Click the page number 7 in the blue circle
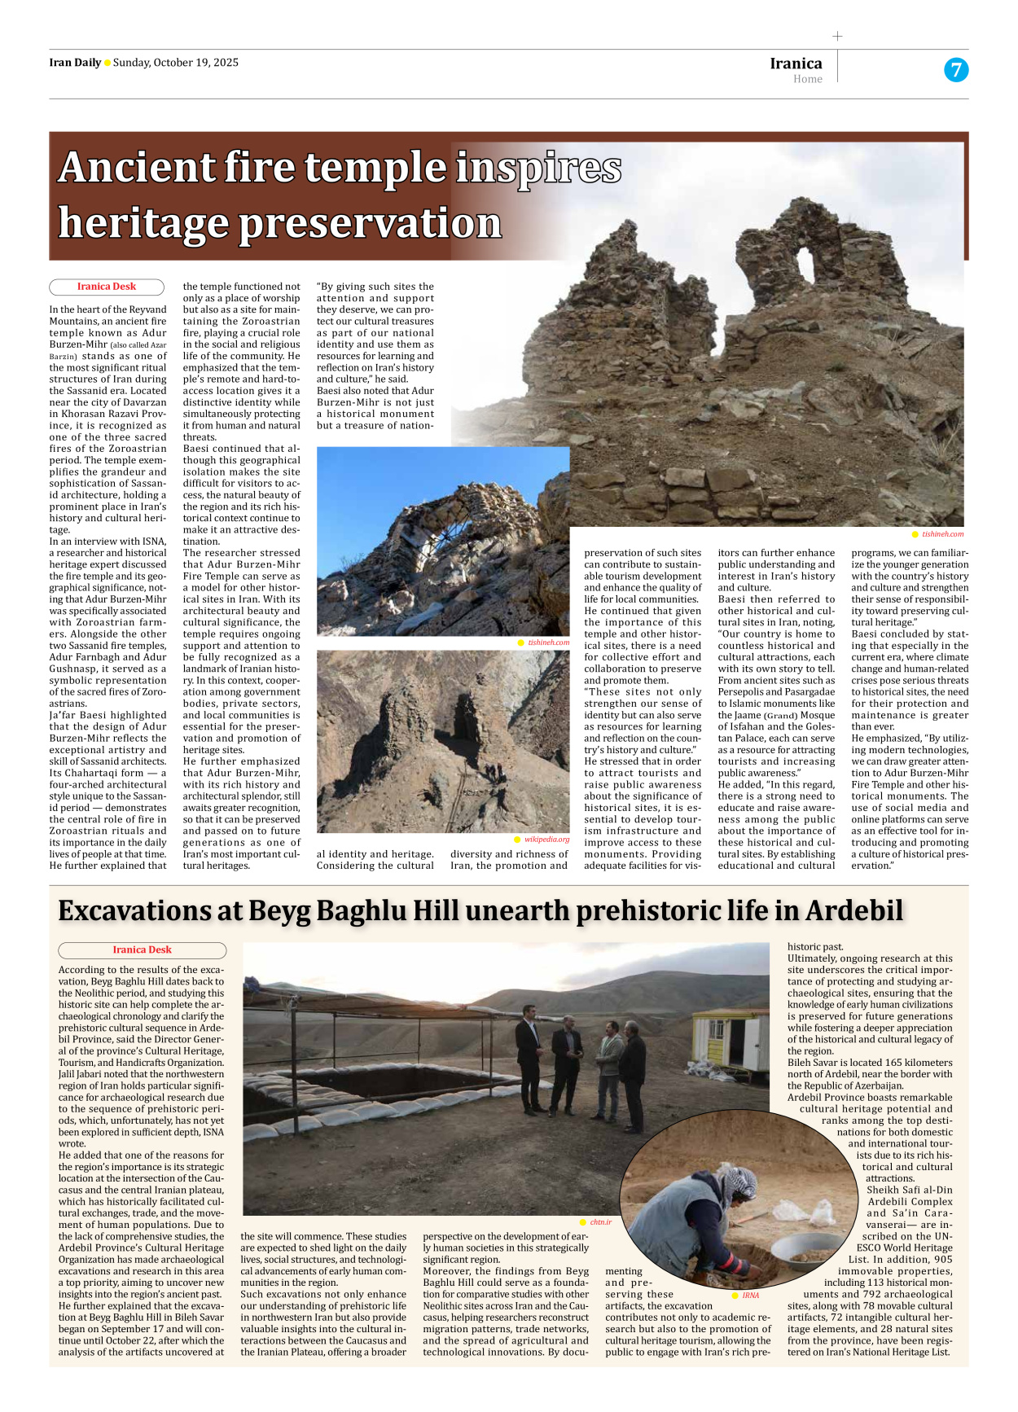955,70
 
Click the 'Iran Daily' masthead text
75,63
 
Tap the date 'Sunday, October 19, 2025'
175,63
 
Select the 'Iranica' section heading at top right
796,64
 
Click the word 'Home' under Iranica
807,79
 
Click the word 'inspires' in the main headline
538,168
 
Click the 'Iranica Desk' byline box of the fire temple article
107,287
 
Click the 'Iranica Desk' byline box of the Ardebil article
142,949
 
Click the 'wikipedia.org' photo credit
546,839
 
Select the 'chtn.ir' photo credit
600,1221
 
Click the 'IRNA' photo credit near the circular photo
750,1295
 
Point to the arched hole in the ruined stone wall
805,264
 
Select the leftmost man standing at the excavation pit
530,1059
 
